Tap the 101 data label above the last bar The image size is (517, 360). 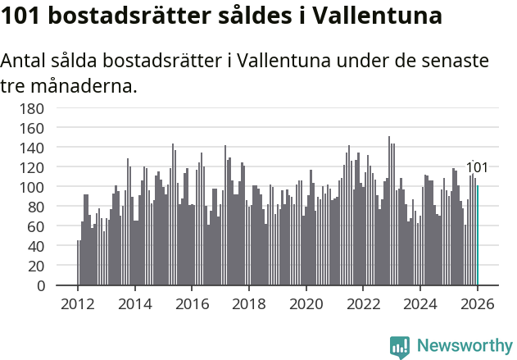pyautogui.click(x=477, y=168)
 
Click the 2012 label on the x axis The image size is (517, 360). pyautogui.click(x=78, y=303)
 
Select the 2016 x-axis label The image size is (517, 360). pyautogui.click(x=192, y=303)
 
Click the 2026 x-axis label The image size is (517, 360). pyautogui.click(x=478, y=303)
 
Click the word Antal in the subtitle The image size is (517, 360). pyautogui.click(x=24, y=62)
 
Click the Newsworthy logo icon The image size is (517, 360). pyautogui.click(x=400, y=347)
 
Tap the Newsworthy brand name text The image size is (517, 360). pyautogui.click(x=465, y=347)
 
